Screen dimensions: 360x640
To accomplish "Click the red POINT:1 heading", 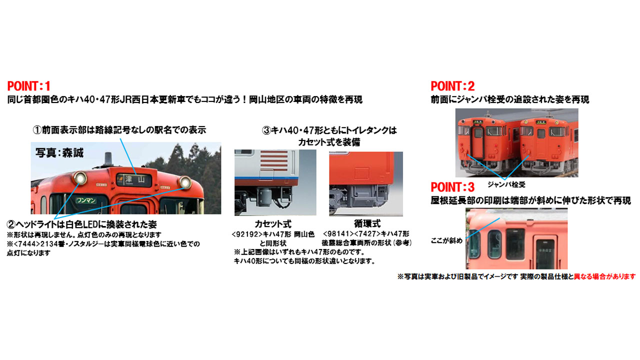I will point(29,86).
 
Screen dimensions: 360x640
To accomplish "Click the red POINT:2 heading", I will point(452,86).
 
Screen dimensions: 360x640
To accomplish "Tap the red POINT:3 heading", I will point(452,187).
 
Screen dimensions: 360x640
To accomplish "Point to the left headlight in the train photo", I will point(79,177).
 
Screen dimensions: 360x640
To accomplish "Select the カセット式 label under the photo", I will point(272,224).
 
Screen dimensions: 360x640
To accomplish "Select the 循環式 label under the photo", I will point(367,224).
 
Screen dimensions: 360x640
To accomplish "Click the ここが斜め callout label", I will point(446,241).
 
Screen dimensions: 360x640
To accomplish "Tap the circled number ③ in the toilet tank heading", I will point(266,130).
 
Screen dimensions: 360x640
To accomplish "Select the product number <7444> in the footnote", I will point(25,244).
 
